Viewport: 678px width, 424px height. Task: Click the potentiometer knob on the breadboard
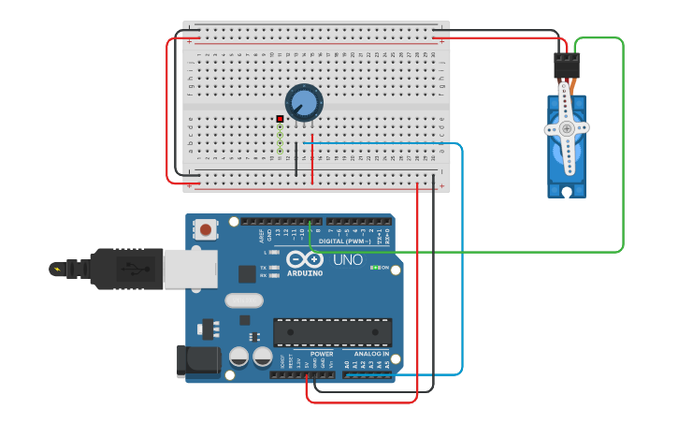[303, 102]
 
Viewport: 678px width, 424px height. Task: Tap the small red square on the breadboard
[280, 119]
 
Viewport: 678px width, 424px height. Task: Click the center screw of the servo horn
[567, 128]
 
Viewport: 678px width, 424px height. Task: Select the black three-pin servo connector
[567, 65]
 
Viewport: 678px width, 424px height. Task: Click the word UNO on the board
[348, 259]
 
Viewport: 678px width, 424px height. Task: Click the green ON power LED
[373, 268]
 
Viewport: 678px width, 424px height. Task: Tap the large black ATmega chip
[332, 332]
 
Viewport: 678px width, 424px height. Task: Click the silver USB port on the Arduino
[190, 269]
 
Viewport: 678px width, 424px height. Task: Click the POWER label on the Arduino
[322, 354]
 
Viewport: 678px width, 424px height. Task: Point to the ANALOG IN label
[371, 354]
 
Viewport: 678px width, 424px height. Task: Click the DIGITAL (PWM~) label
[343, 241]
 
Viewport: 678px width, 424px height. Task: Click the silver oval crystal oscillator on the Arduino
[244, 300]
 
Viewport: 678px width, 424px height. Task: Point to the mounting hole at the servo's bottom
[567, 191]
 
